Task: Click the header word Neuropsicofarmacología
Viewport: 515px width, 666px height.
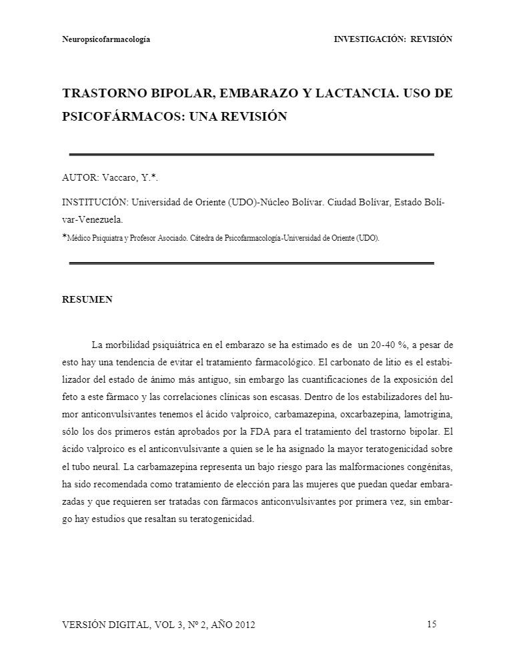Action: click(x=105, y=39)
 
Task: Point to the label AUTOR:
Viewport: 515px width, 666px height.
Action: click(x=81, y=178)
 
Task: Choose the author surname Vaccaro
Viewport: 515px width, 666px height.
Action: click(x=120, y=178)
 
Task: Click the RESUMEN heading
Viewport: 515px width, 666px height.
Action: click(x=87, y=299)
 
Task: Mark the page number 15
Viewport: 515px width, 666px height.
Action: click(x=431, y=625)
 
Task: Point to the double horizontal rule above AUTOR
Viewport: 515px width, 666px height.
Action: click(x=251, y=155)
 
